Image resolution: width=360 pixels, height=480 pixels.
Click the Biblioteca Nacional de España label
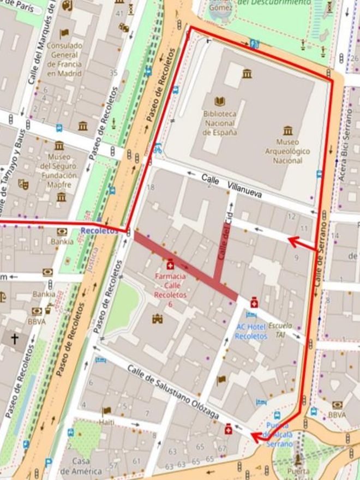pos(219,123)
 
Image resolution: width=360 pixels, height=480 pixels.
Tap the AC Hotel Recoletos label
pos(251,331)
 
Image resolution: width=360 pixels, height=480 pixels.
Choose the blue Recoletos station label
pos(99,231)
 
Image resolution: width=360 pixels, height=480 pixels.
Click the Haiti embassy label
pos(107,422)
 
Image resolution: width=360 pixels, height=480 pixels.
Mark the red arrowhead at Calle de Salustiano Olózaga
pos(255,436)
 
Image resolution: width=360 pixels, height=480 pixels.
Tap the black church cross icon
pos(14,339)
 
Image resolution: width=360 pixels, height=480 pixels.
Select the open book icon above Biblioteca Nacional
pos(219,101)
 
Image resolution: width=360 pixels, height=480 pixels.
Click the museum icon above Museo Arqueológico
pos(287,130)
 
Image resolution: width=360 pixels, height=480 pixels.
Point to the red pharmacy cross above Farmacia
pos(170,265)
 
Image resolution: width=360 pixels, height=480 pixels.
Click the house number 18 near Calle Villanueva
pos(151,188)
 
